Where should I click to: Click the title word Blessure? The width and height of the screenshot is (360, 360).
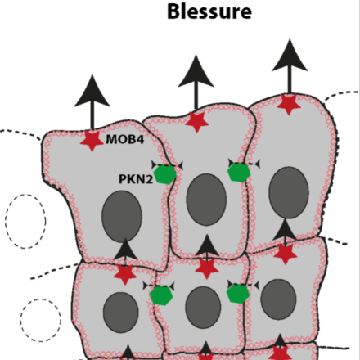pos(209,11)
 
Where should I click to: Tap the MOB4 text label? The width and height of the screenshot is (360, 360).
pos(124,139)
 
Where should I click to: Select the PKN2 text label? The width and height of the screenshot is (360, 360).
pos(136,179)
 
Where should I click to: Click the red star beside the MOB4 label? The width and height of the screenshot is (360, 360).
pos(92,140)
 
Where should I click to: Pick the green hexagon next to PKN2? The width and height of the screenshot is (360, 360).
pos(164,174)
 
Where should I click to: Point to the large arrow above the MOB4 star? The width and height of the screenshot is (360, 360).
pos(92,102)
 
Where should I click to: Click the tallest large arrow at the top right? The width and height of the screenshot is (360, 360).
pos(290,67)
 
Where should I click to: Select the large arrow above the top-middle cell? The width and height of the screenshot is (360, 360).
pos(196,83)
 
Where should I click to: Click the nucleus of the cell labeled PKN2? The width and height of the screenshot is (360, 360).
pos(122,216)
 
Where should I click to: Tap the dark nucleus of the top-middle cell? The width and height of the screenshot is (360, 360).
pos(206,200)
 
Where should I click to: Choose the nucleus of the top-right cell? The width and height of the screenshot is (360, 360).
pos(289,192)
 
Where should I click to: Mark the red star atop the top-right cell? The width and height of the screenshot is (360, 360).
pos(289,104)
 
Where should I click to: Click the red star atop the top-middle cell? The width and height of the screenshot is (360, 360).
pos(196,122)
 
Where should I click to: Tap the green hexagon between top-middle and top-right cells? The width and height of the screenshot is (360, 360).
pos(239,173)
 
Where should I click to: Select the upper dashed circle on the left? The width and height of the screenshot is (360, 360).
pos(25,222)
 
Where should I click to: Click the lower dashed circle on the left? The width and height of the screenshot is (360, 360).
pos(40,320)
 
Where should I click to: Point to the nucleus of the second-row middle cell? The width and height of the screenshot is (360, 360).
pos(203,308)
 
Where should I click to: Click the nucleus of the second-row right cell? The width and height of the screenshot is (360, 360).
pos(278,299)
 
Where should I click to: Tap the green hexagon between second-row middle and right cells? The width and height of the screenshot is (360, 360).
pos(238,294)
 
